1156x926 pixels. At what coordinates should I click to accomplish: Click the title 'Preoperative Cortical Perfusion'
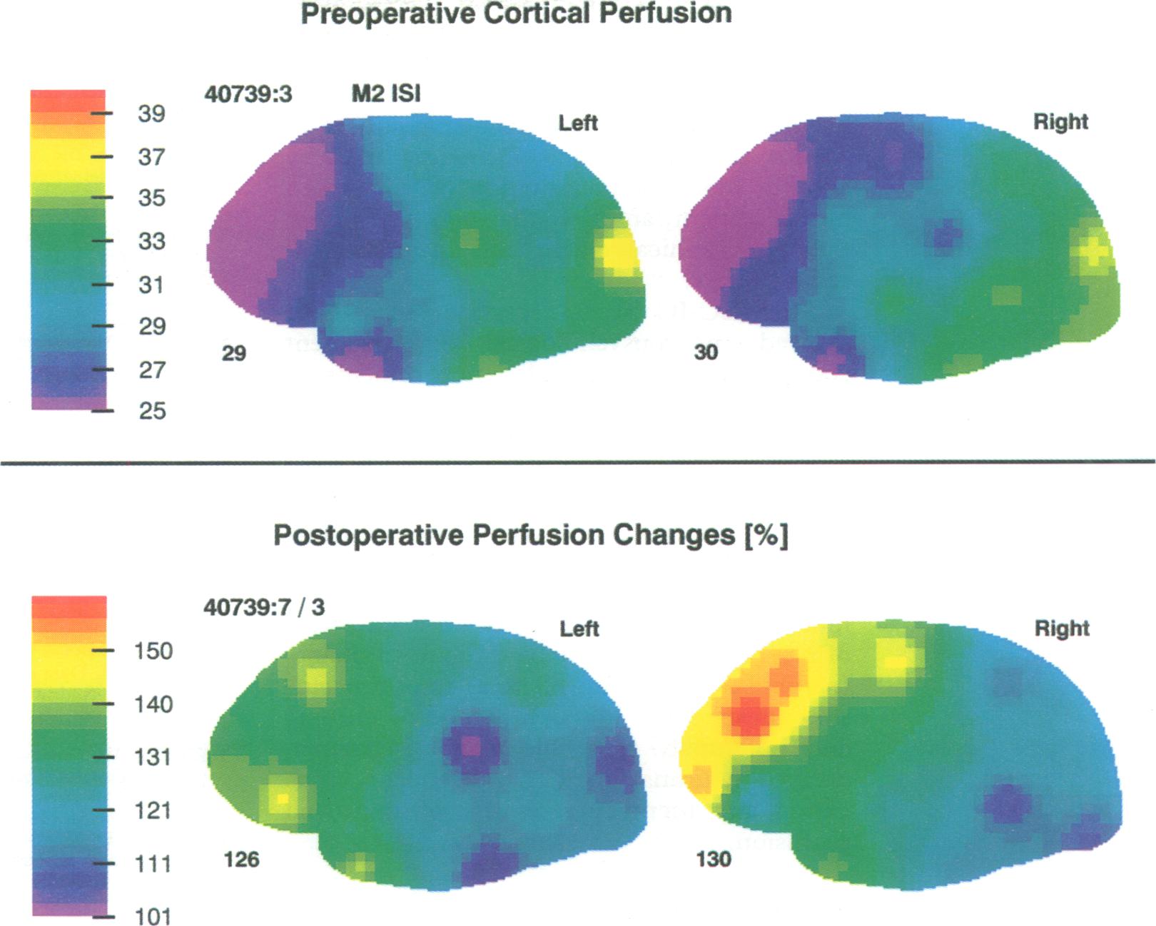point(516,14)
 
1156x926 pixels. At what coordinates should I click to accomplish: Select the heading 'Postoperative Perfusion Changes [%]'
point(531,535)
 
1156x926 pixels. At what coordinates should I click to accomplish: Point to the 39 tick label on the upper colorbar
point(151,113)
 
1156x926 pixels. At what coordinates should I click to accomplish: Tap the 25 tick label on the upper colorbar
point(152,411)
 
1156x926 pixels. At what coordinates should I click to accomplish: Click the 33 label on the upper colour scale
point(151,241)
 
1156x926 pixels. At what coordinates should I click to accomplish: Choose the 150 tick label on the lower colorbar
point(153,651)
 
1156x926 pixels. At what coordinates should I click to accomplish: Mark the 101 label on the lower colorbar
point(153,916)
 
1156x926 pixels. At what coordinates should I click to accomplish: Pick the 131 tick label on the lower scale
point(153,757)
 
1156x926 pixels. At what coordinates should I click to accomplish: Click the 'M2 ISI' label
point(386,93)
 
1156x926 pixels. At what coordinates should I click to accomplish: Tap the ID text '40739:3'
point(248,94)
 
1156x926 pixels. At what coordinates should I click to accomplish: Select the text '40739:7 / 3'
point(264,607)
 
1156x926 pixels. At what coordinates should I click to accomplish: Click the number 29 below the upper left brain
point(234,353)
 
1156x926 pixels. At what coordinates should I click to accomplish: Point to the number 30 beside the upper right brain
point(706,352)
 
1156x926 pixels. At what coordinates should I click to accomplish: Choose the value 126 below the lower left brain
point(241,860)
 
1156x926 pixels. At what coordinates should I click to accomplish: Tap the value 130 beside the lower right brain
point(714,859)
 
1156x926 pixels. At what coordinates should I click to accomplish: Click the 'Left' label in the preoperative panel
point(578,123)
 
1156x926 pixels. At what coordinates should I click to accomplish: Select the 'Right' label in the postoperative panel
point(1062,629)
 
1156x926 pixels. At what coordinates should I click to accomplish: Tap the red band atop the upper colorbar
point(69,100)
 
